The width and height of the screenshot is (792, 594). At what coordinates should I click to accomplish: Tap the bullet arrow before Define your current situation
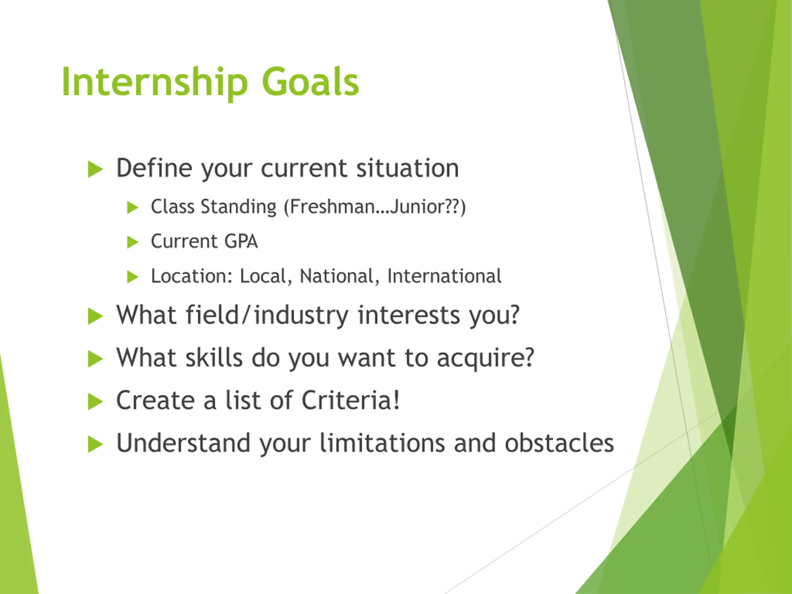pyautogui.click(x=95, y=169)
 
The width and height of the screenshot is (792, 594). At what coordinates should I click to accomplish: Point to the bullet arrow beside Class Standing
pyautogui.click(x=132, y=207)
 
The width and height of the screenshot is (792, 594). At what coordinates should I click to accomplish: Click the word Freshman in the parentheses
pyautogui.click(x=332, y=207)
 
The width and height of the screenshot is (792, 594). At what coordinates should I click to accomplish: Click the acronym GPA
pyautogui.click(x=241, y=241)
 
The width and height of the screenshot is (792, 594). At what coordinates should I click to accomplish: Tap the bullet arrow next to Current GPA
pyautogui.click(x=132, y=242)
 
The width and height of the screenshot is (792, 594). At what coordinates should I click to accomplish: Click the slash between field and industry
pyautogui.click(x=246, y=315)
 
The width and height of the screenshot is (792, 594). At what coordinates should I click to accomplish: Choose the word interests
pyautogui.click(x=409, y=315)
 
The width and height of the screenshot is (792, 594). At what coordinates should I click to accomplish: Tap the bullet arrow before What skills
pyautogui.click(x=95, y=359)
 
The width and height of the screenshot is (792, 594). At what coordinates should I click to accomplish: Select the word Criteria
pyautogui.click(x=346, y=400)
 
